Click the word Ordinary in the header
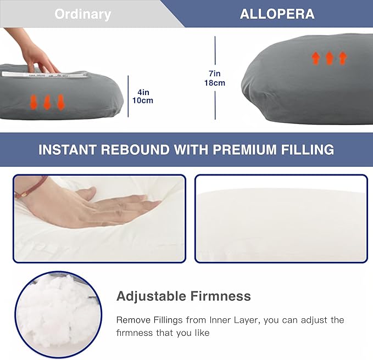tap(82, 14)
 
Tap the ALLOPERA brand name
tap(277, 14)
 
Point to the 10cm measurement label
tap(142, 100)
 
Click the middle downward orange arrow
tap(47, 102)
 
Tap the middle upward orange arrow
tap(329, 58)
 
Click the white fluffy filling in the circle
tap(57, 311)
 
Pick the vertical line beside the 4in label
tap(129, 96)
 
